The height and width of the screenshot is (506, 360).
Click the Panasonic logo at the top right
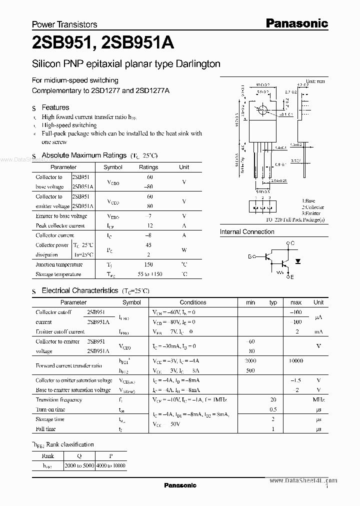coord(296,23)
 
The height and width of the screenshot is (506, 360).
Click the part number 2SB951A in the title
coord(137,44)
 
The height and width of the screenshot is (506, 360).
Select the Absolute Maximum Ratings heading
coord(84,155)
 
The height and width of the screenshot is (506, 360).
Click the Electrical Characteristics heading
coord(80,290)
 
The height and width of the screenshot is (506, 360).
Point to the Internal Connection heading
coord(247,232)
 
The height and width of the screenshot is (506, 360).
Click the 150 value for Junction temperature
coord(148,264)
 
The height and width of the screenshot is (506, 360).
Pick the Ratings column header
coord(148,167)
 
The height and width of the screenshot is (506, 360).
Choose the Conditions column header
coord(193,302)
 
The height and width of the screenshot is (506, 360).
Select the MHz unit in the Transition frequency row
coord(318,400)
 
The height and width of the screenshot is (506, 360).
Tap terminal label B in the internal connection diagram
coord(249,256)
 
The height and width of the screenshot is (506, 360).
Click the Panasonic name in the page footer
coord(180,485)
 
